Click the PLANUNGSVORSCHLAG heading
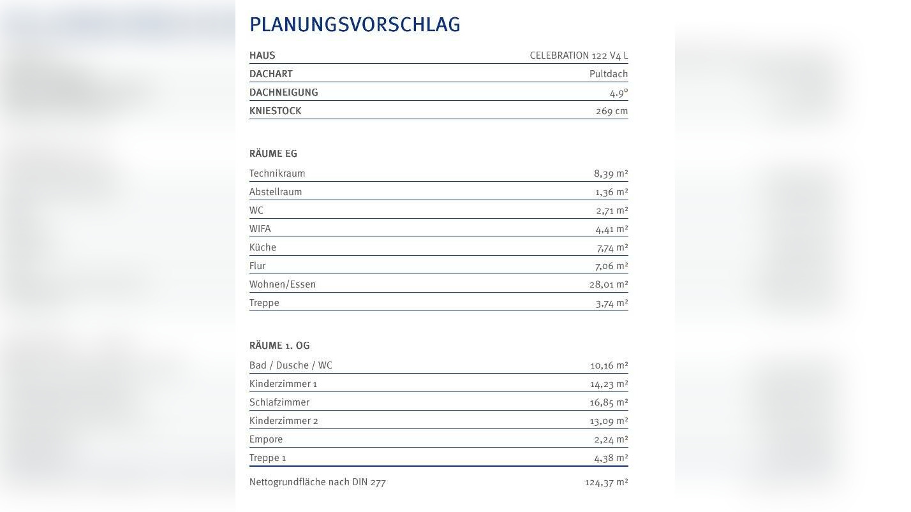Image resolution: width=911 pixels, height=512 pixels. point(355,24)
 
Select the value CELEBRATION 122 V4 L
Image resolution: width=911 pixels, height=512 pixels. point(579,55)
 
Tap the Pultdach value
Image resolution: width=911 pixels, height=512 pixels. point(609,74)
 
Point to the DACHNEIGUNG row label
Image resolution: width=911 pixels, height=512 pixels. point(283,92)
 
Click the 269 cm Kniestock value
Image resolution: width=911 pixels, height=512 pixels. point(612,111)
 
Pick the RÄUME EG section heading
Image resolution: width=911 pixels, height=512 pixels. point(273,154)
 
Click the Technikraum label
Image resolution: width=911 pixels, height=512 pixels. point(277,173)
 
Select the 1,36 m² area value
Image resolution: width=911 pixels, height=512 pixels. point(611,192)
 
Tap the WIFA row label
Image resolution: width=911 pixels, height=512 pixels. point(260,229)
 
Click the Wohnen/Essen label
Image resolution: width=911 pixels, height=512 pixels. point(283,284)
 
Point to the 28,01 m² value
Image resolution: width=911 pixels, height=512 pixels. point(609,284)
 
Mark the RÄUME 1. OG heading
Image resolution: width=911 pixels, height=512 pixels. point(279,346)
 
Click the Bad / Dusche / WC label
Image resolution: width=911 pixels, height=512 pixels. point(291,365)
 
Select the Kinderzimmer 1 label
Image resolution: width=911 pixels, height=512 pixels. point(283,384)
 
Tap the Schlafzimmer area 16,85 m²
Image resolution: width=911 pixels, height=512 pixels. point(609,402)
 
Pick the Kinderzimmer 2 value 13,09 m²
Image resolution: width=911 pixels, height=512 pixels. point(609,421)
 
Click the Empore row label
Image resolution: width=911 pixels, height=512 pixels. point(266,439)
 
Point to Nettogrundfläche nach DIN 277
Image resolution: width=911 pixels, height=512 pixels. point(318,482)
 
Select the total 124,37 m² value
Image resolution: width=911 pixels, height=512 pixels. point(606,482)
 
